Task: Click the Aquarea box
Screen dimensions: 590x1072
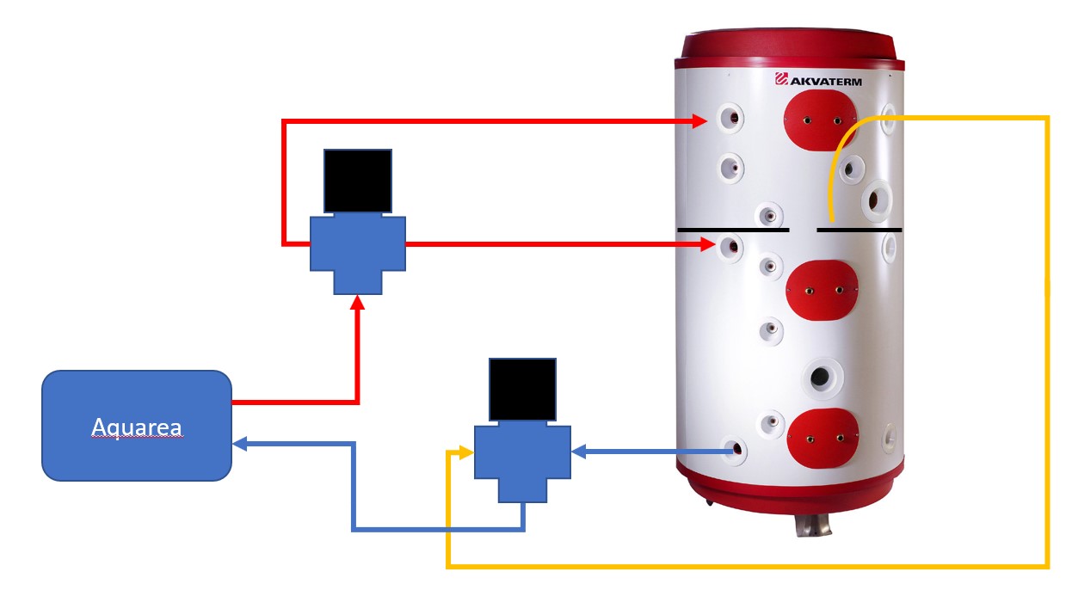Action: tap(137, 425)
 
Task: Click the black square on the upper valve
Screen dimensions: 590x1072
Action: tap(357, 181)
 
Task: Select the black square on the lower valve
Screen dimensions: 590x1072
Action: tap(522, 390)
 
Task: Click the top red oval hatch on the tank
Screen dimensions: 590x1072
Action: tap(820, 120)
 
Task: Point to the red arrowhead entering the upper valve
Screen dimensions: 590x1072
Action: tap(358, 302)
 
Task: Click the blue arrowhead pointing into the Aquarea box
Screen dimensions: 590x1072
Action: tap(240, 444)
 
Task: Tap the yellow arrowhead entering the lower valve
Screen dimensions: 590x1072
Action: tap(465, 452)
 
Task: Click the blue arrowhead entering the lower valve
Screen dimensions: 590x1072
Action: tap(579, 451)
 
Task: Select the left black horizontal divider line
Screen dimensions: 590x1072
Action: tap(732, 230)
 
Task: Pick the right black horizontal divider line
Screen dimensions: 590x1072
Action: tap(859, 230)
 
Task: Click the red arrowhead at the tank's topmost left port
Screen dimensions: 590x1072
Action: tap(701, 122)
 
